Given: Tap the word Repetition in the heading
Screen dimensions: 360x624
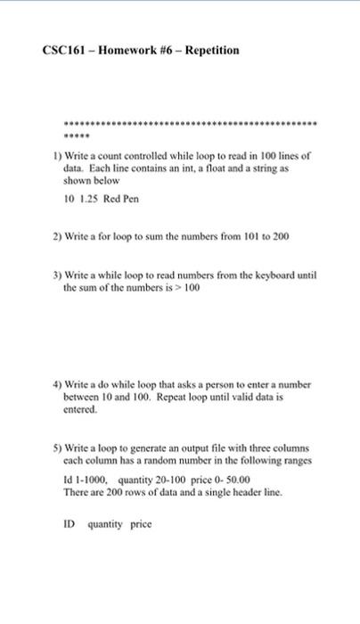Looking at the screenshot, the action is click(210, 50).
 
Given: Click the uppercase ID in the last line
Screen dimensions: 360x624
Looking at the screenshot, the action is click(70, 524).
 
